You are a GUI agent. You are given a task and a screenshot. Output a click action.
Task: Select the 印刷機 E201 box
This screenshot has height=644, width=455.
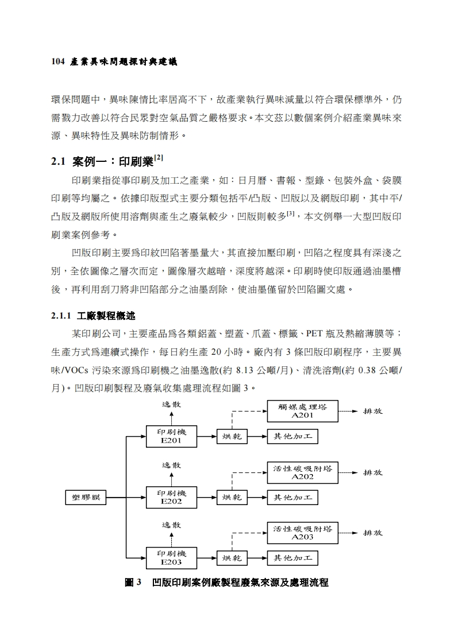coord(171,436)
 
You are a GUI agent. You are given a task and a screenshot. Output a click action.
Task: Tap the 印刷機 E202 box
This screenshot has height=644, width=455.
coord(171,497)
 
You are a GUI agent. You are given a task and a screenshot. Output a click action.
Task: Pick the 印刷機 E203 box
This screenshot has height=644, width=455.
coord(171,557)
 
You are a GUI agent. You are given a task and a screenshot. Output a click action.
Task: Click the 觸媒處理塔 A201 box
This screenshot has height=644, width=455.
coord(303,411)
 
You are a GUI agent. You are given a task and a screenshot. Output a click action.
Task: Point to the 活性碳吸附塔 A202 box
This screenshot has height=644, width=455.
coord(303,472)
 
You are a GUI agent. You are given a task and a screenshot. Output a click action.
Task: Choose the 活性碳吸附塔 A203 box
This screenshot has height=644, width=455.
coord(303,533)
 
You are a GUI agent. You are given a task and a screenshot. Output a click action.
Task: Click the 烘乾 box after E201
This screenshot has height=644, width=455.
coord(232,437)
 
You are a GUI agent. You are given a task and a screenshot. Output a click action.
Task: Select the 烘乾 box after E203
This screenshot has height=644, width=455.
coord(232,558)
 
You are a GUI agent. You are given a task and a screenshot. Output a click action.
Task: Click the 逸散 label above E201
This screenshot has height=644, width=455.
coord(171,404)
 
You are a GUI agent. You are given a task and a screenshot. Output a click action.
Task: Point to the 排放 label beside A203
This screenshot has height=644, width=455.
coord(373,533)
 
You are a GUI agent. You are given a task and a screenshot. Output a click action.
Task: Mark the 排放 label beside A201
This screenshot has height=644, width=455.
coord(373,411)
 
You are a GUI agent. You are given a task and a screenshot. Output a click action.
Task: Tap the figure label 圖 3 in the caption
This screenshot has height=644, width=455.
coord(133,583)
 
